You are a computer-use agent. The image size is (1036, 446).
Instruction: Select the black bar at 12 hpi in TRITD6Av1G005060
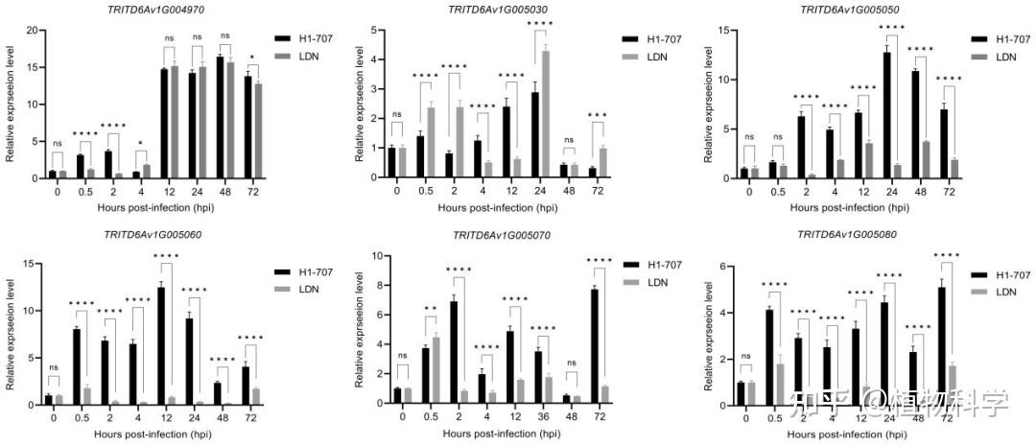161,341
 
